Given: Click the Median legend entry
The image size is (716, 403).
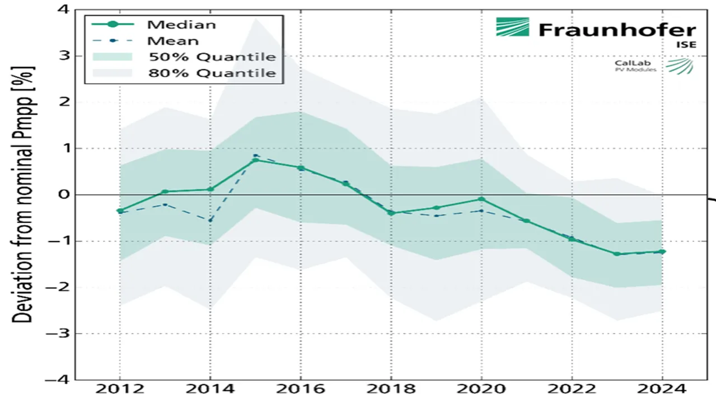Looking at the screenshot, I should pyautogui.click(x=181, y=25).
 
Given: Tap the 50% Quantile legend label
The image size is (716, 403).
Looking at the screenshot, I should pyautogui.click(x=212, y=57).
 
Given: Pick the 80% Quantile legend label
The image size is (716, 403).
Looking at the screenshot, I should pyautogui.click(x=212, y=73).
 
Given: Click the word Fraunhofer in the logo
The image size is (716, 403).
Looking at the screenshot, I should pyautogui.click(x=617, y=30).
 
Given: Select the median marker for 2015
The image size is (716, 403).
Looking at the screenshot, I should pyautogui.click(x=255, y=160).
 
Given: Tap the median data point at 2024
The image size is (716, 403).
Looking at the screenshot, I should pyautogui.click(x=662, y=252).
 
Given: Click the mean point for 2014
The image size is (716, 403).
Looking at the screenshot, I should pyautogui.click(x=210, y=221).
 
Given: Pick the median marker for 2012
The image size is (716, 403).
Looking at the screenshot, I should pyautogui.click(x=119, y=210).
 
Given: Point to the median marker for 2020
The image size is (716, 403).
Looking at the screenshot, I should pyautogui.click(x=481, y=199).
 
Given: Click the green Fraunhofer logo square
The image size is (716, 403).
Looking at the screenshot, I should pyautogui.click(x=512, y=27).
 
